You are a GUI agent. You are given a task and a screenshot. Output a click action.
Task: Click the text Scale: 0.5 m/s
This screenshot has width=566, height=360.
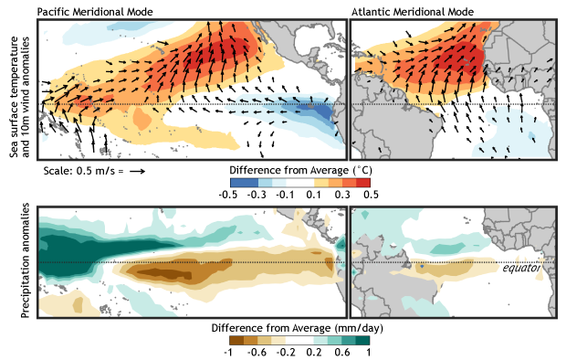click(81, 171)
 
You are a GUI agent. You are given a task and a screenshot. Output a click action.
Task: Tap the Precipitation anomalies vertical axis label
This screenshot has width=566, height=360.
click(15, 263)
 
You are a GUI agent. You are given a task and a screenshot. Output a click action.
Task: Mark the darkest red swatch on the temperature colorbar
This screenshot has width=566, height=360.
click(362, 182)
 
